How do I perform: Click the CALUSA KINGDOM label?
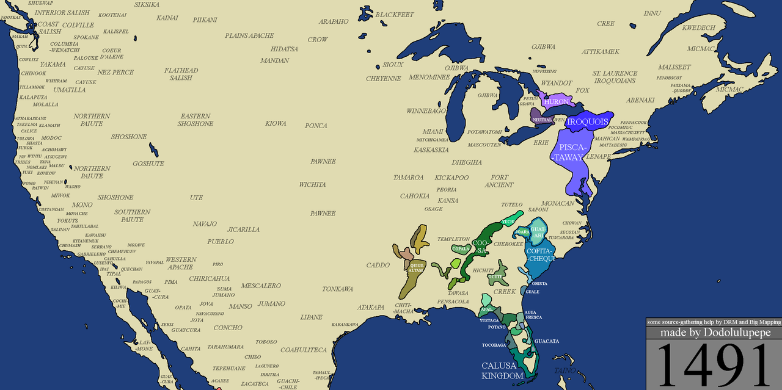[502, 370]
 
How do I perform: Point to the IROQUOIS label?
[587, 122]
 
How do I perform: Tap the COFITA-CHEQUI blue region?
[540, 255]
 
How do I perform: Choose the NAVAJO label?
[205, 224]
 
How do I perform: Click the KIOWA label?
[276, 123]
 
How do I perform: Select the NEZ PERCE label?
[115, 72]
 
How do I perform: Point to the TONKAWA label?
[338, 289]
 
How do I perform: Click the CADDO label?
[378, 265]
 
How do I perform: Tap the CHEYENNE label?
[384, 79]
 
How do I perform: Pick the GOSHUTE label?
[148, 164]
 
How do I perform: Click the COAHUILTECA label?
[304, 350]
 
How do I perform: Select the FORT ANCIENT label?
[499, 181]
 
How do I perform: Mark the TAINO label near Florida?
[565, 370]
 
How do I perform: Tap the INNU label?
[652, 13]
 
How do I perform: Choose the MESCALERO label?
[261, 286]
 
